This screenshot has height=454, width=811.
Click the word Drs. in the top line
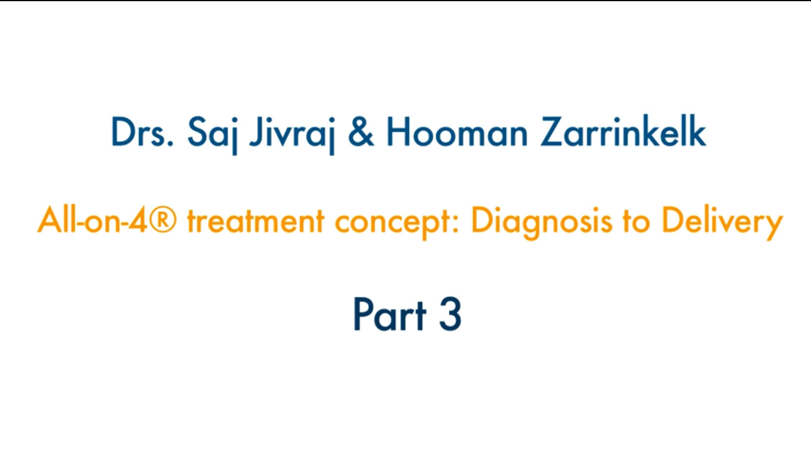tap(142, 132)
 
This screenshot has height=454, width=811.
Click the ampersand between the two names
tap(360, 132)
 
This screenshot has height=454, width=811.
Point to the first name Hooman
tap(457, 132)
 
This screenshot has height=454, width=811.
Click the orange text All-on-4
tap(92, 220)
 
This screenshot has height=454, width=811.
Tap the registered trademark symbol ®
tap(163, 220)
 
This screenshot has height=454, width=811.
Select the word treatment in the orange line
tap(256, 221)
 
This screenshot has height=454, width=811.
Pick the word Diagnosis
tap(541, 223)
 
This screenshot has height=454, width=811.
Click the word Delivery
tap(722, 223)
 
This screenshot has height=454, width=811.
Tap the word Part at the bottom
tap(390, 314)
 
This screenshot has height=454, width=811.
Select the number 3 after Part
tap(451, 314)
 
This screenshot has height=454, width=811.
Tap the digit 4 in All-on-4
tap(138, 220)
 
